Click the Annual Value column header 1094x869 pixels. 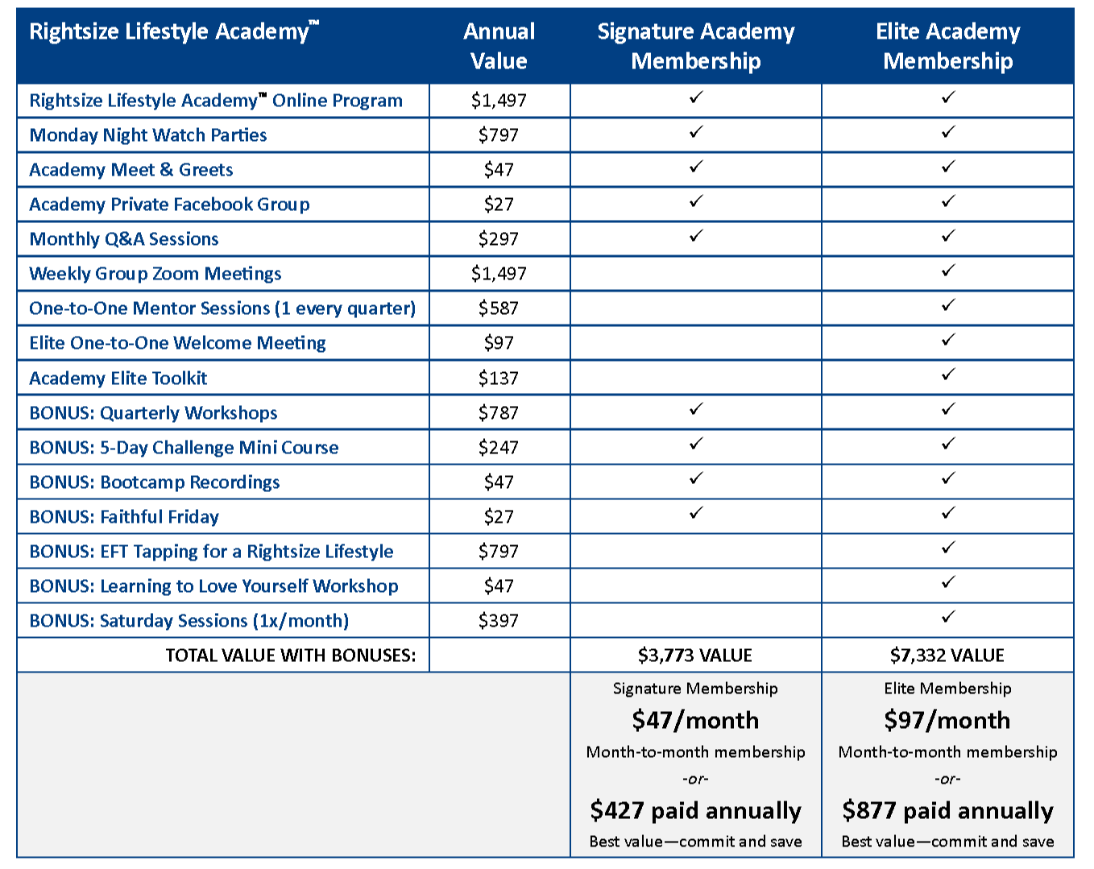499,46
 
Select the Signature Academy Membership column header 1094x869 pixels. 696,46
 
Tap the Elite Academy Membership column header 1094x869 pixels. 947,46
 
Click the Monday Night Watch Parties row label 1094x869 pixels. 148,135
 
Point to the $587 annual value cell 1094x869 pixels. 499,308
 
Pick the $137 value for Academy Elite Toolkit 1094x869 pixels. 499,378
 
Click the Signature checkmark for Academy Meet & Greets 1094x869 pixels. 696,167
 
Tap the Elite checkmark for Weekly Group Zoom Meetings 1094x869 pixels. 948,271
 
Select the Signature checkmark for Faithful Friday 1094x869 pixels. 696,513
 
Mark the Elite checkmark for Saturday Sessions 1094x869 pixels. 948,617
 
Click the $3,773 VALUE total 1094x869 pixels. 695,656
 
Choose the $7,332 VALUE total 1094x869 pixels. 947,656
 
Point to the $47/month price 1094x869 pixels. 695,720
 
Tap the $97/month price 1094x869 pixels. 947,720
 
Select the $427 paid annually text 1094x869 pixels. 695,810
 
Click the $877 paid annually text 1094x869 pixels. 947,810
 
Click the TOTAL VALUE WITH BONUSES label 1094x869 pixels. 291,656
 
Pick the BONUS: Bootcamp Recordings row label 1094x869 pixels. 155,482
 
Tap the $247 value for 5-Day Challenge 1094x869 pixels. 499,448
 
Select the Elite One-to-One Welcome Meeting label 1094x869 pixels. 177,343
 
